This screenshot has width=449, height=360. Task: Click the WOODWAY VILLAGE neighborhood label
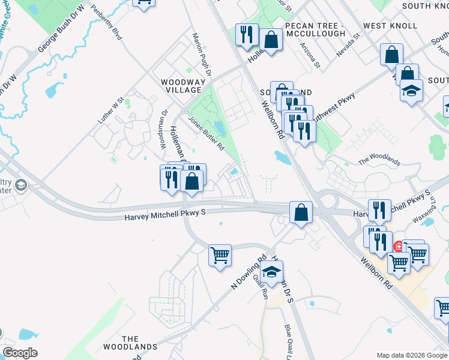click(181, 85)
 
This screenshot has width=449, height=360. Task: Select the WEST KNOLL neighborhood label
click(390, 26)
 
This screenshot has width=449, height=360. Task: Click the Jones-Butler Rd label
click(206, 133)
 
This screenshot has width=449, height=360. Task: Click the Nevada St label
click(348, 45)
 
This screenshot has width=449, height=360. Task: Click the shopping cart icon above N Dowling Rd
click(220, 254)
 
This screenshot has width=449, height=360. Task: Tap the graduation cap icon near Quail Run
click(271, 272)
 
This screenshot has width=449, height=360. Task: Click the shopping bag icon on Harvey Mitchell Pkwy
click(301, 212)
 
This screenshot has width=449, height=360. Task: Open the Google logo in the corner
click(20, 353)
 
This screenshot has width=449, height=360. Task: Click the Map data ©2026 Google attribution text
click(411, 355)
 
